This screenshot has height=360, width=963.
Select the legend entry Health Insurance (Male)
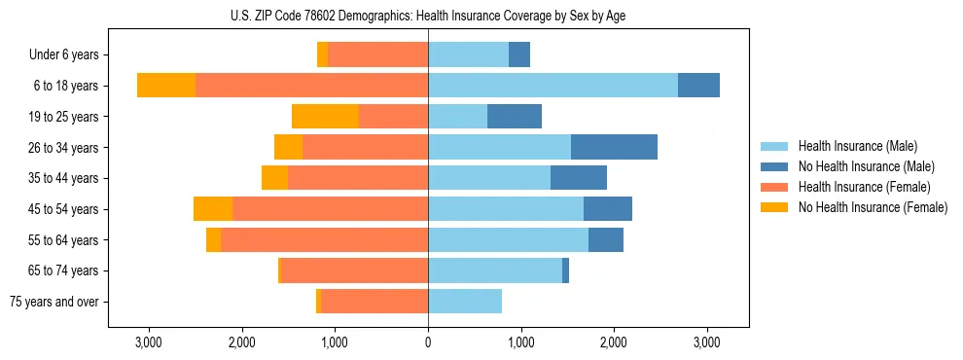(x=857, y=146)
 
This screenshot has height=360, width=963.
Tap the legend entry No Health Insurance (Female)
(x=873, y=207)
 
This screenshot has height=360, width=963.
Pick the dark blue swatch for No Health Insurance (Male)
(x=775, y=166)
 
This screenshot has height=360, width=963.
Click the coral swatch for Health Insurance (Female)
(x=775, y=187)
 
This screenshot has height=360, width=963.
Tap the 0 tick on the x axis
(x=428, y=342)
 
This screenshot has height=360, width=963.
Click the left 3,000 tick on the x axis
(x=149, y=342)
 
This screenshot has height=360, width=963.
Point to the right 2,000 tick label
(x=614, y=342)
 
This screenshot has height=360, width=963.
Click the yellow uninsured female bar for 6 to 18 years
(x=166, y=86)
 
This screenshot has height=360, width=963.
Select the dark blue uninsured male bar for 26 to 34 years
(x=614, y=147)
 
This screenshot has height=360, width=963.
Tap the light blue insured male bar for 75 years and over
(x=465, y=302)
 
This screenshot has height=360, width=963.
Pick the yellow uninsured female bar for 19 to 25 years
(x=325, y=117)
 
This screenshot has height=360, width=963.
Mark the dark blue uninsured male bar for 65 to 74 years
(x=565, y=270)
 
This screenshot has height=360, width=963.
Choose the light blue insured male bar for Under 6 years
(x=468, y=55)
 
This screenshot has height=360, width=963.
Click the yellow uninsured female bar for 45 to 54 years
(x=213, y=209)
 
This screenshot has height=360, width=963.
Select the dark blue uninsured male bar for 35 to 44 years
(x=579, y=178)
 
